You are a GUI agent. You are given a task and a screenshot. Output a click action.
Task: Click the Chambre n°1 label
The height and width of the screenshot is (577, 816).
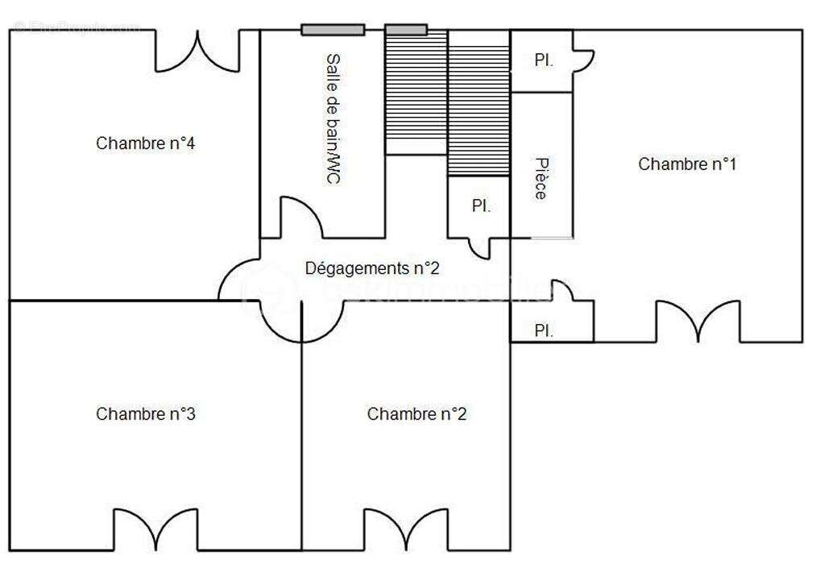[x=687, y=164]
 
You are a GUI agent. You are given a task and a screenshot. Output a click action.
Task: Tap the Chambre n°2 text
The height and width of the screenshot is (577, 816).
[x=416, y=414]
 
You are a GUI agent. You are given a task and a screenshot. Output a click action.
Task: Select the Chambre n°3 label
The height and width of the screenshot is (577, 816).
[x=146, y=414]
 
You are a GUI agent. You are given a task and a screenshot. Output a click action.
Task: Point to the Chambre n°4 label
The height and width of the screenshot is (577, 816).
[x=146, y=143]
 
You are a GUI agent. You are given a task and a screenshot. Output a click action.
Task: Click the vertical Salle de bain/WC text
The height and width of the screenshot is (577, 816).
[x=331, y=119]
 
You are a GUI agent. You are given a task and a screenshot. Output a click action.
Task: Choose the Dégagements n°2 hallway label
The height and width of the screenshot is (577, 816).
[x=372, y=268]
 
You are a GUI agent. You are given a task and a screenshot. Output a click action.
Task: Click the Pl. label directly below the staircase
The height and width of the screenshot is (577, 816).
[x=481, y=206]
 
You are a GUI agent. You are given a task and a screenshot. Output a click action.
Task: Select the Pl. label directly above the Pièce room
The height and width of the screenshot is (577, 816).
[x=544, y=60]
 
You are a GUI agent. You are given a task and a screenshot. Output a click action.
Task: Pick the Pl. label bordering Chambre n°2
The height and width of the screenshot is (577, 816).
[x=544, y=330]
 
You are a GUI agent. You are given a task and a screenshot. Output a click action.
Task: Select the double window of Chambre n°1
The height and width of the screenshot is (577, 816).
[x=698, y=320]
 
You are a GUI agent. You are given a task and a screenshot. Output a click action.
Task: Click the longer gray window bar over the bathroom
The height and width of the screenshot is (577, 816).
[x=333, y=30]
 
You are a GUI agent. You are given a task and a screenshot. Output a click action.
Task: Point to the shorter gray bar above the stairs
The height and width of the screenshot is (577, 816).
[x=405, y=30]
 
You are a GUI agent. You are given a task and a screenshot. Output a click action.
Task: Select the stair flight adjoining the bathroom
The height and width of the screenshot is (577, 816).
[x=416, y=93]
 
